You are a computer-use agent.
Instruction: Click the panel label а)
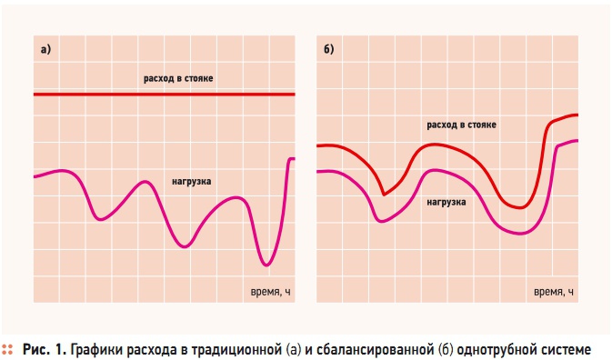click(45, 49)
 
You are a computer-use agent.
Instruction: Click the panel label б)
click(328, 49)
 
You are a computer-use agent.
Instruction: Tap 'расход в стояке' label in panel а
click(178, 79)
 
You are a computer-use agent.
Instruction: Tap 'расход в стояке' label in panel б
click(461, 122)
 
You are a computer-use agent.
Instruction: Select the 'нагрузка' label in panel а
click(192, 182)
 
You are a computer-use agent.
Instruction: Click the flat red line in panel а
click(109, 95)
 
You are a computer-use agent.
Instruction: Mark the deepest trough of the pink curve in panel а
click(265, 265)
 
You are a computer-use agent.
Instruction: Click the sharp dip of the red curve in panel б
click(385, 194)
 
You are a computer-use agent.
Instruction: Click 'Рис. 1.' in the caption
click(44, 348)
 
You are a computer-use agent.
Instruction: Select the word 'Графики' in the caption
click(101, 348)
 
